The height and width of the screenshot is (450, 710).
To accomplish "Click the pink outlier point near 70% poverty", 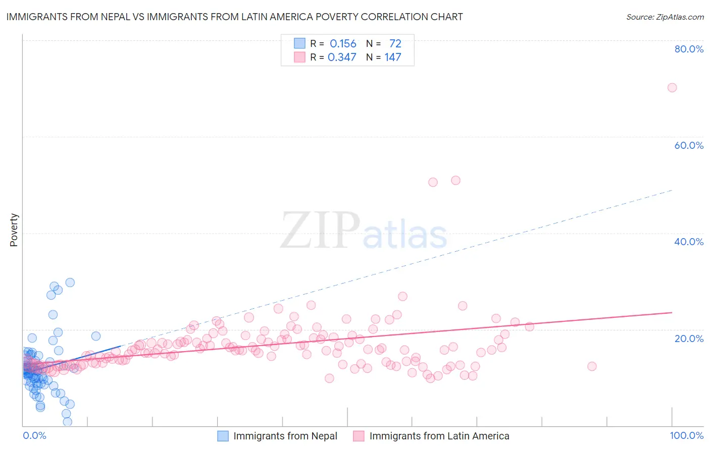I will coord(672,87).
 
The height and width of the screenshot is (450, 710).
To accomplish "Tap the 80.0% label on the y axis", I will coord(689,49).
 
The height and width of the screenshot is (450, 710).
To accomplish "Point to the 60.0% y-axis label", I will coord(689,145).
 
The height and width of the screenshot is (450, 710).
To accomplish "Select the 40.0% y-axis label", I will coord(689,242).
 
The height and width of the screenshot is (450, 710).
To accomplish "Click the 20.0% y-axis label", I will coord(689,339).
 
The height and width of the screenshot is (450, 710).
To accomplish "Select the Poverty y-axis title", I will coord(14,230).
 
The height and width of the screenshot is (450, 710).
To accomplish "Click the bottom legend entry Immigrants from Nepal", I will coord(285,436).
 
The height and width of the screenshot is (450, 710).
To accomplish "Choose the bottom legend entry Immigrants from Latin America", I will coord(439,436).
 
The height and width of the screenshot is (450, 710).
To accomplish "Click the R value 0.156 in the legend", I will coord(343,44).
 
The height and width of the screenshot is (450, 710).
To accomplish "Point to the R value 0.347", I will coord(342,58).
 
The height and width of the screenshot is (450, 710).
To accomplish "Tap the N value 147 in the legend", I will coord(393,58).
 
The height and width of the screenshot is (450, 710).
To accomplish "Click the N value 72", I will coord(395,44).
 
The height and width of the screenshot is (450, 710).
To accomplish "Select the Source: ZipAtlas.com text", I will coord(665,17).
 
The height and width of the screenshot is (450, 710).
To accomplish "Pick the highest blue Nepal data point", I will coord(70,283).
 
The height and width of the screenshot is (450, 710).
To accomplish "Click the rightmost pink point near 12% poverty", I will coord(592,366).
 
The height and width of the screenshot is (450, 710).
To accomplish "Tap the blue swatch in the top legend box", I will coord(299,43).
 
